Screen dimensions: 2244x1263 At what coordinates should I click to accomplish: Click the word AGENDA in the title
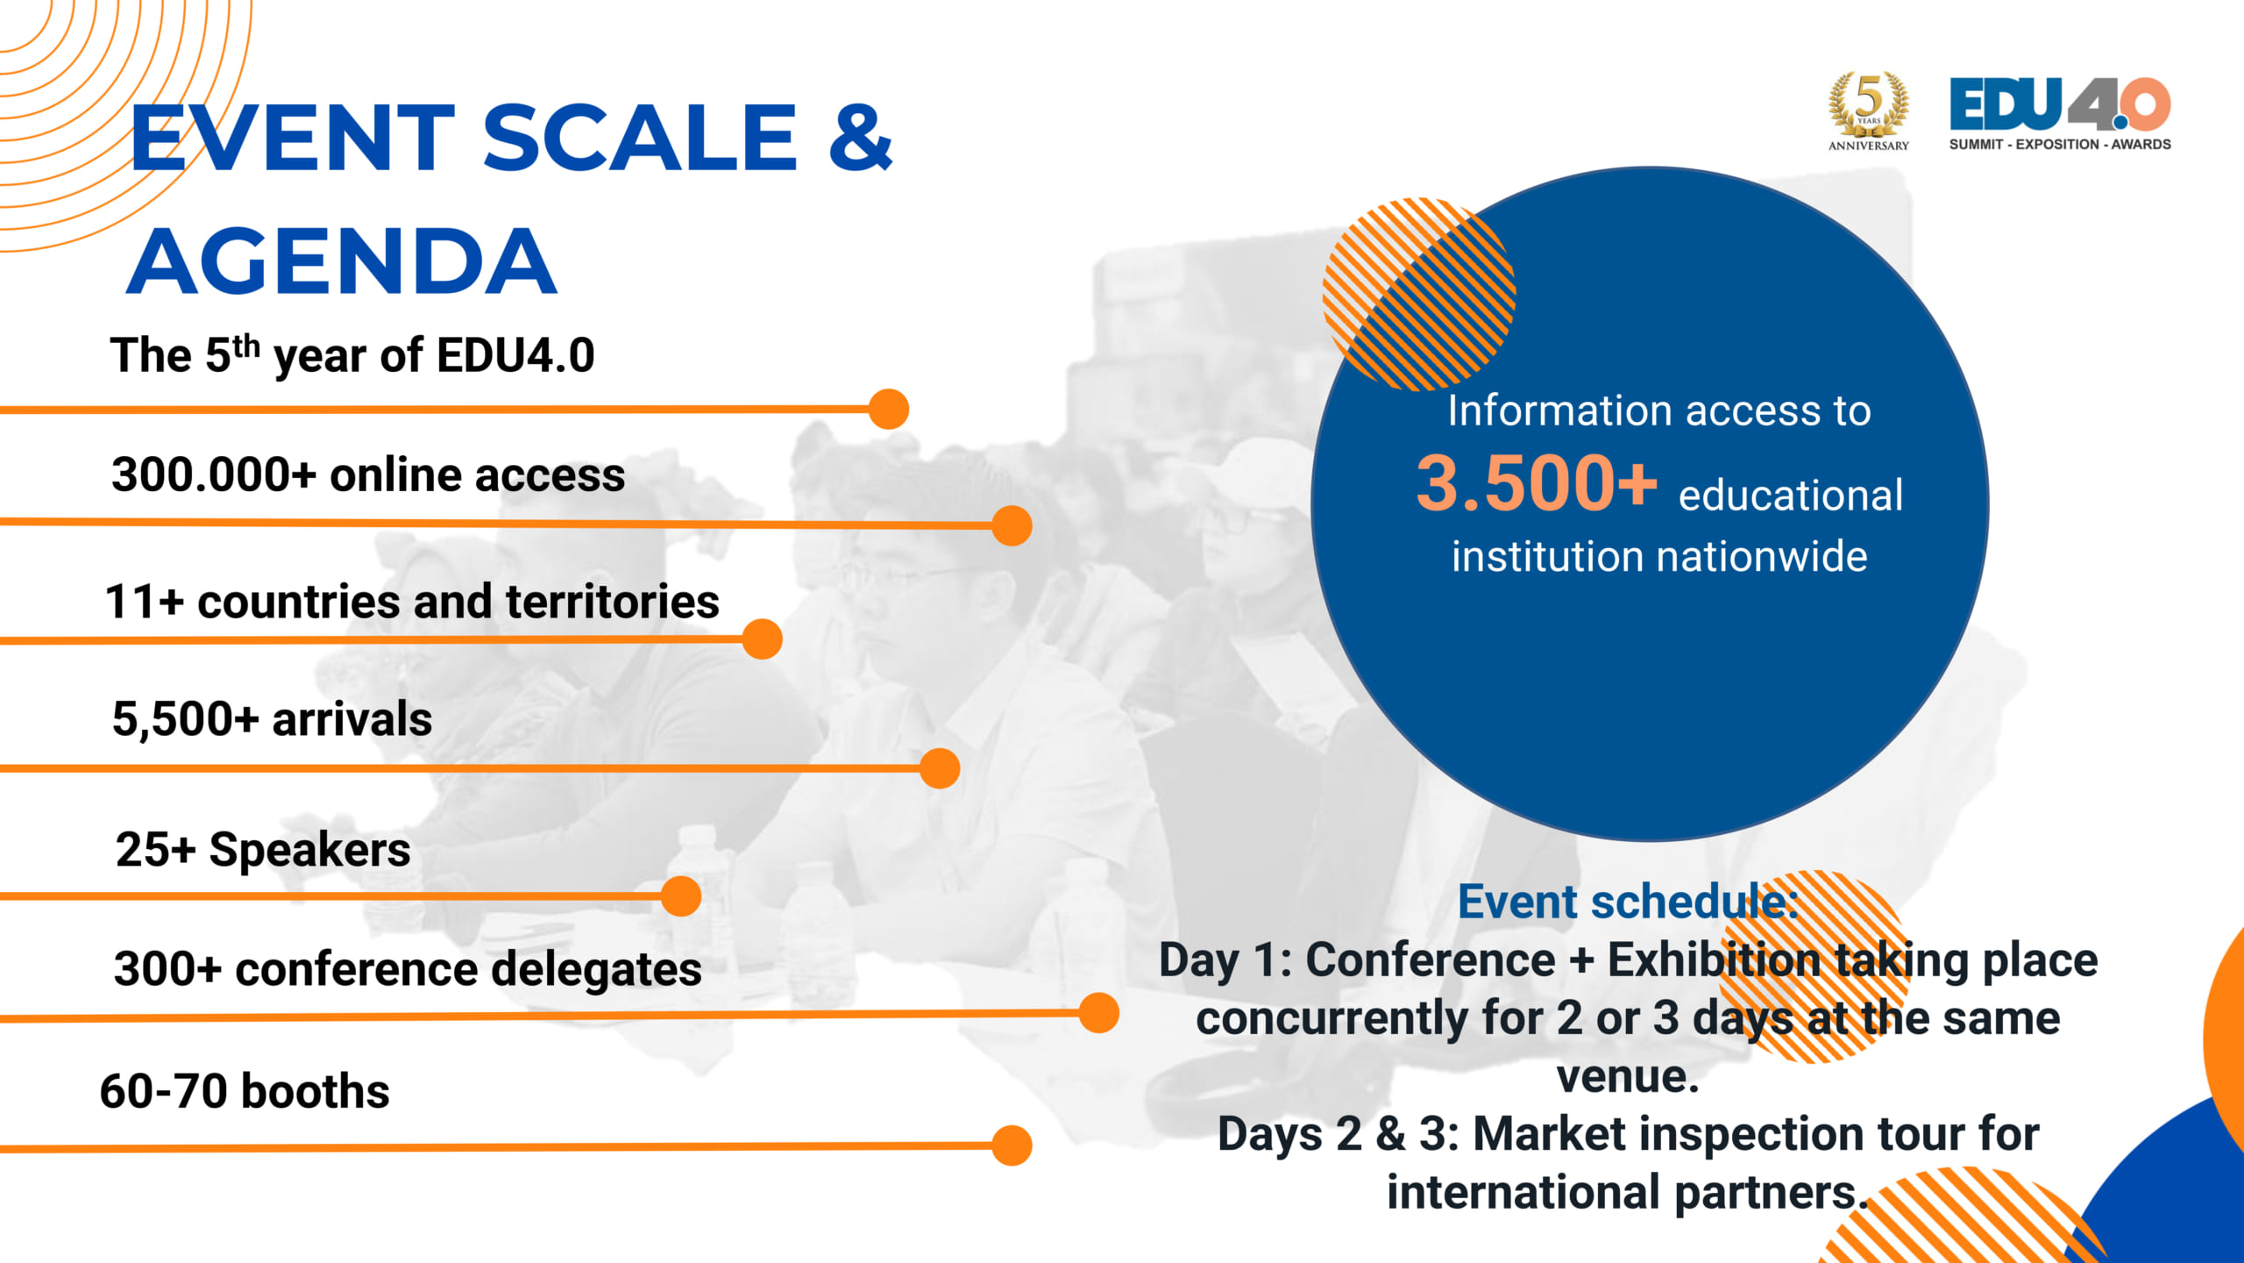coord(342,261)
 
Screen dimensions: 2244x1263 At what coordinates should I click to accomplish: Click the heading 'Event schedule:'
coord(1628,902)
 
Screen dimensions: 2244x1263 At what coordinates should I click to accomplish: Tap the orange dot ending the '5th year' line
coord(889,409)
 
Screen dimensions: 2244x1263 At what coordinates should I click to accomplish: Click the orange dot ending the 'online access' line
coord(1012,525)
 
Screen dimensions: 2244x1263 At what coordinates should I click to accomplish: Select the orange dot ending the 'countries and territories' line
coord(762,639)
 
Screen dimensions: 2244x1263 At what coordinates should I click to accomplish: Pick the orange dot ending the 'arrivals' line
coord(940,768)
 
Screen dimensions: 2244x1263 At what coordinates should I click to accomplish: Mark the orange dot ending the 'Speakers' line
coord(681,896)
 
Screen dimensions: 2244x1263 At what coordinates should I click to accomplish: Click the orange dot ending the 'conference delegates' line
coord(1099,1013)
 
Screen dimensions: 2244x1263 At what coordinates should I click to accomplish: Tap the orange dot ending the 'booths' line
coord(1012,1145)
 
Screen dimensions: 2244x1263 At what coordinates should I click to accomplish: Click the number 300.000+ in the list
coord(214,475)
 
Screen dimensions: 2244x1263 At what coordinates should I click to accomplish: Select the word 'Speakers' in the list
coord(309,850)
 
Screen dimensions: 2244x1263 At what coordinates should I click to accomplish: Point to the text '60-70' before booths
coord(164,1091)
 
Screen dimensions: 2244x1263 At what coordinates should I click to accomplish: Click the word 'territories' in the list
coord(613,602)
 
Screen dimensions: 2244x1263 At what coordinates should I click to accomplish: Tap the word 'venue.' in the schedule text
coord(1628,1076)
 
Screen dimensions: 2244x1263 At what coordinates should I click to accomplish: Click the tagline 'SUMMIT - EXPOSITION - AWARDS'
coord(2060,144)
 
